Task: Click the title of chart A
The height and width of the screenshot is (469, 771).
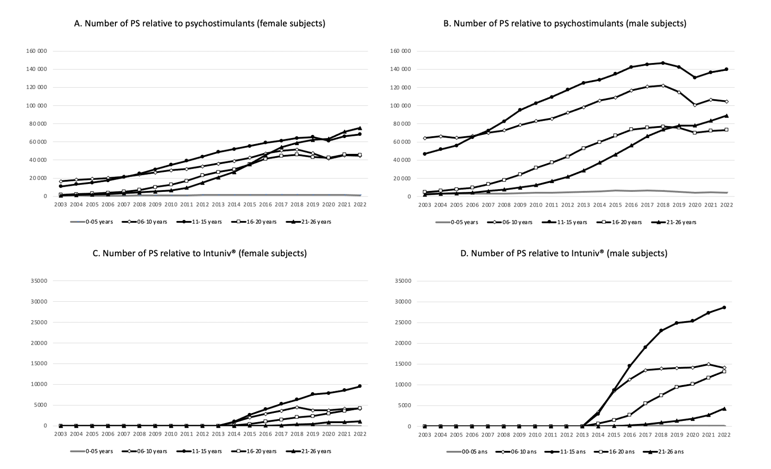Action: [x=200, y=23]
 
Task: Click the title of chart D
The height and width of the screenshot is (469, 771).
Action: [x=564, y=253]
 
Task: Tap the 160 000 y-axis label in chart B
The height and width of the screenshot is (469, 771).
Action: [x=400, y=51]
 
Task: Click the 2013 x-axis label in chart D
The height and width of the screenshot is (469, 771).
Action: [x=582, y=435]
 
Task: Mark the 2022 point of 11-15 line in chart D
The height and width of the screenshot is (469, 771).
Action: [x=724, y=307]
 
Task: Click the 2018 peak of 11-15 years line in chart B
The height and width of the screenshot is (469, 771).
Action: [x=663, y=63]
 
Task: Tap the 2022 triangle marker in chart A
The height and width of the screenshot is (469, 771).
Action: [x=360, y=128]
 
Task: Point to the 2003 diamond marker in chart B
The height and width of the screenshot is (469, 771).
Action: [x=425, y=138]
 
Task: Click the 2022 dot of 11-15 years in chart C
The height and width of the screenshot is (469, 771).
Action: [x=360, y=386]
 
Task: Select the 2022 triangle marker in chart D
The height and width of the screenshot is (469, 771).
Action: [x=724, y=408]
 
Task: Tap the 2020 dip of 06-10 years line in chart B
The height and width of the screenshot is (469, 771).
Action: [x=694, y=105]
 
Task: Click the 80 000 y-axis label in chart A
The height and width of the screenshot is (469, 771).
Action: [x=37, y=124]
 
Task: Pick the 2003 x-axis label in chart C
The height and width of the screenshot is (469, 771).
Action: [x=60, y=434]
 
